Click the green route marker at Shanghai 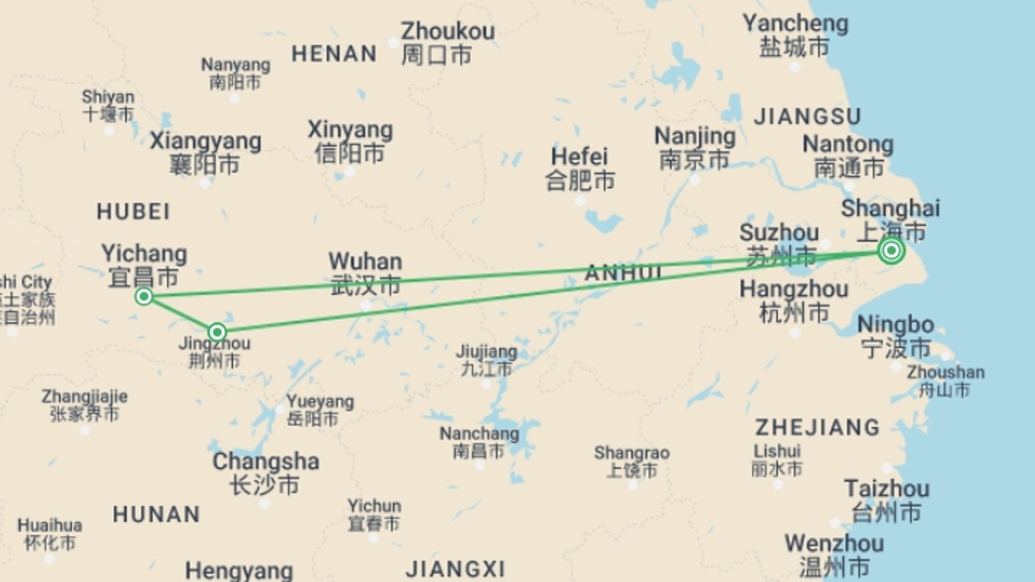891,251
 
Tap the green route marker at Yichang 144,296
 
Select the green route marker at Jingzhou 217,332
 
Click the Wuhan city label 365,273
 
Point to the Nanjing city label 694,148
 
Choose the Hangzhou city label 793,301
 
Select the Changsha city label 265,473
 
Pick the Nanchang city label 479,442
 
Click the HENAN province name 334,54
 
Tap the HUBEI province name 133,212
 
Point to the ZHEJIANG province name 817,427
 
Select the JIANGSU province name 808,116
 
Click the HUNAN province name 156,514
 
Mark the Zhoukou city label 447,43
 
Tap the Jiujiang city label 486,360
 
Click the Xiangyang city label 205,152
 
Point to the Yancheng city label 795,35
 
